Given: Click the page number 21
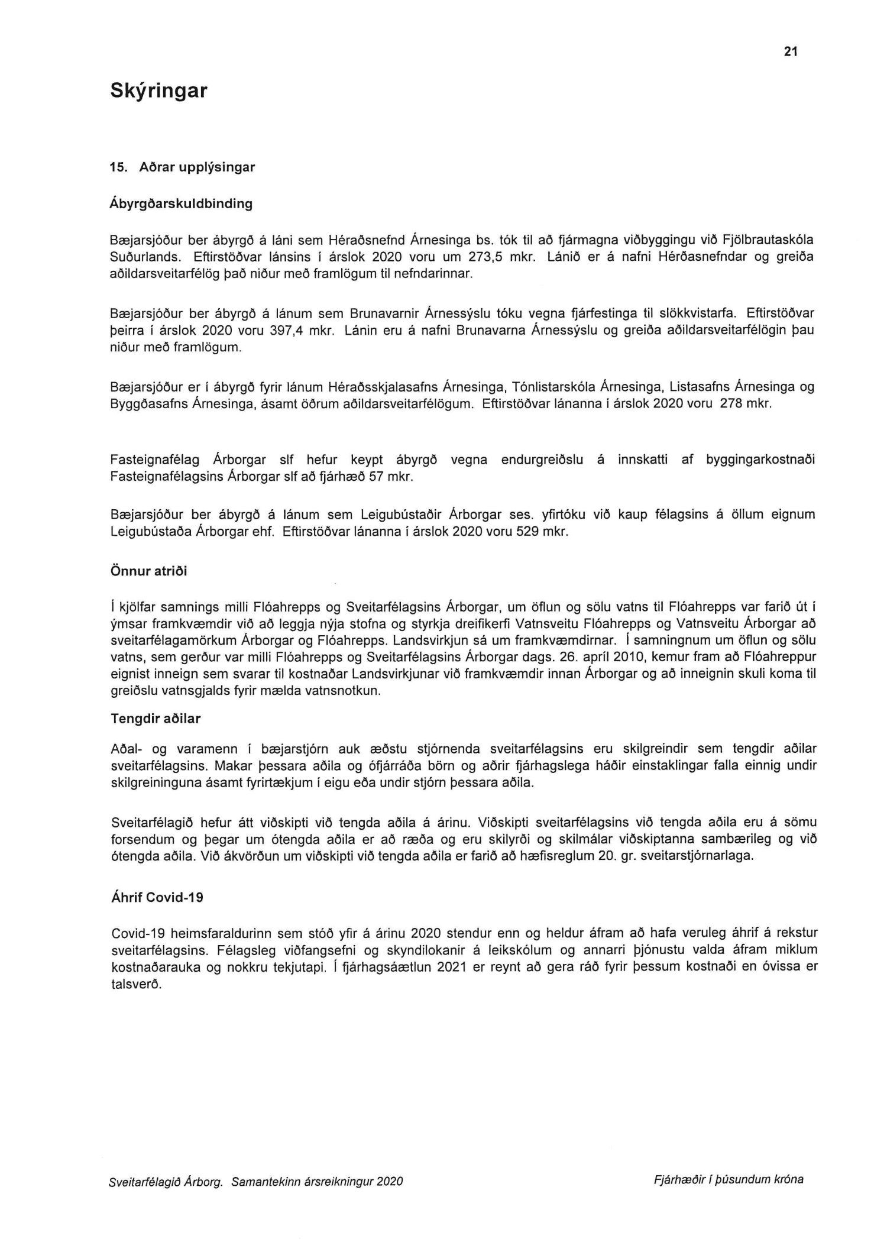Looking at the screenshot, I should (791, 52).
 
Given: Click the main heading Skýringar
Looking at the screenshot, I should (158, 91).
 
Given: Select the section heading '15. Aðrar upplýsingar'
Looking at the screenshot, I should (182, 167).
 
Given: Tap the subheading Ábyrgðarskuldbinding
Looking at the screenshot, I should (181, 204).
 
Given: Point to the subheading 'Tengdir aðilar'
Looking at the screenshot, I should (156, 719).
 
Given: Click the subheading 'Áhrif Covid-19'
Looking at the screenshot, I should (157, 897).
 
